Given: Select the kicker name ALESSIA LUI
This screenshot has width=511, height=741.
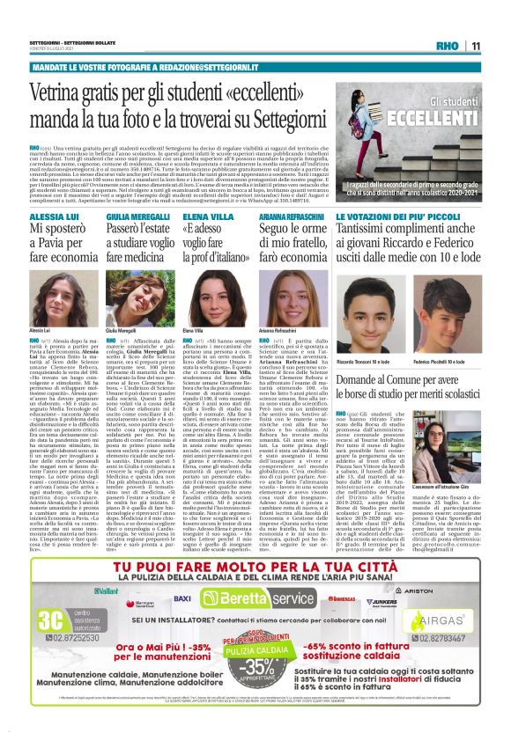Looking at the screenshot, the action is coord(49,216).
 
